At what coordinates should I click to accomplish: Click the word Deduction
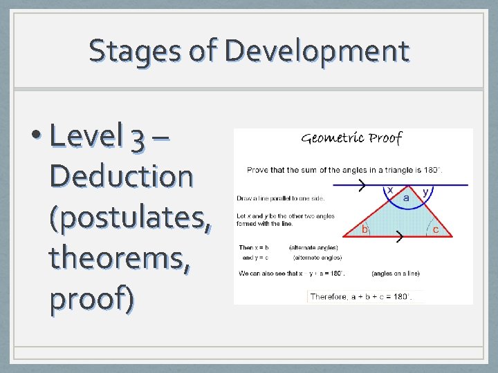121,176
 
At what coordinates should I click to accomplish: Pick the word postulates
131,217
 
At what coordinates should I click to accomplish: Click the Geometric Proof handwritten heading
352,138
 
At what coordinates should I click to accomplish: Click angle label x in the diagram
390,189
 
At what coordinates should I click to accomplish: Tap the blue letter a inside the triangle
407,198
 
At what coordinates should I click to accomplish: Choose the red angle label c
436,229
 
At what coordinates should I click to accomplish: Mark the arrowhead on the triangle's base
399,237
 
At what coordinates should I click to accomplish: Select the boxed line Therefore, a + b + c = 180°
360,296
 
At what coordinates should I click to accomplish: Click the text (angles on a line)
395,274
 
